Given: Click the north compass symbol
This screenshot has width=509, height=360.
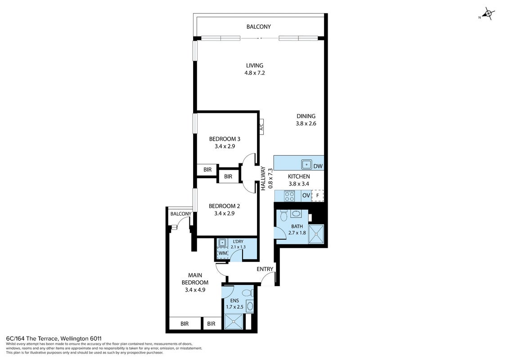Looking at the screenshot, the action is click(487, 13).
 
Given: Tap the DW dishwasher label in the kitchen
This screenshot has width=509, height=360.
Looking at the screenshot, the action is click(318, 166).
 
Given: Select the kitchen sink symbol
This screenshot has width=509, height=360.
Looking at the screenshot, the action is click(306, 165).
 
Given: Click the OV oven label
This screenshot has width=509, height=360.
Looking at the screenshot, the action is click(306, 195).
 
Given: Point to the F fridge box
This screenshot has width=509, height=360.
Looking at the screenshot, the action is click(317, 195).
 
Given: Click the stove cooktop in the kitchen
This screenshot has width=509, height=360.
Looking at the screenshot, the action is click(289, 196).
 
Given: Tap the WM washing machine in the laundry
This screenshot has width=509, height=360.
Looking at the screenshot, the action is click(223, 253).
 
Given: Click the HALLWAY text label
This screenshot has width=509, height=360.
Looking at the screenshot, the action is click(263, 178).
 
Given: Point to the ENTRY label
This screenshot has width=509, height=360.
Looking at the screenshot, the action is click(265, 269).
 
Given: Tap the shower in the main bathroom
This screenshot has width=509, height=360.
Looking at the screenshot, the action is click(316, 234).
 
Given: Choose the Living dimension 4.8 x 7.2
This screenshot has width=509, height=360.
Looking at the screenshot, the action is click(255, 73).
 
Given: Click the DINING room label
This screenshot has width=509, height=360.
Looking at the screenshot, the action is click(306, 116).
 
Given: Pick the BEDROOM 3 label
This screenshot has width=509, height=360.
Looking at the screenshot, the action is click(225, 139).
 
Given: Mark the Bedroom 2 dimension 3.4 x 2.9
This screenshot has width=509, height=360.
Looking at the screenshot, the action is click(224, 214).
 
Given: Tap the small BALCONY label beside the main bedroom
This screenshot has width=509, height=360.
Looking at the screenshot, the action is click(181, 214).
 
